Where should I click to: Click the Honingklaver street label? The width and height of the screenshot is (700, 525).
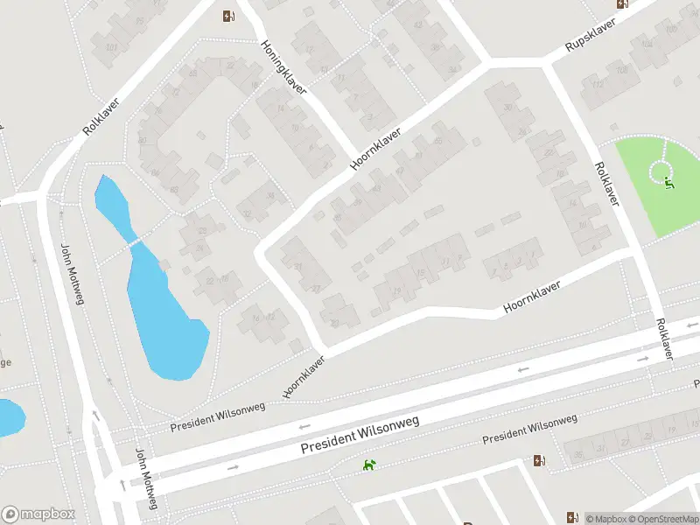pyautogui.click(x=284, y=66)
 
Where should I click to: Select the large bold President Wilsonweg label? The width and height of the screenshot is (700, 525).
pyautogui.click(x=360, y=433)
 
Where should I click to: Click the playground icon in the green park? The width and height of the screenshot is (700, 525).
pyautogui.click(x=669, y=183)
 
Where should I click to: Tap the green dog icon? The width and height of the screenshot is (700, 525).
pyautogui.click(x=370, y=465)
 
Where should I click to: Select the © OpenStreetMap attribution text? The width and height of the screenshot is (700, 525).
pyautogui.click(x=661, y=519)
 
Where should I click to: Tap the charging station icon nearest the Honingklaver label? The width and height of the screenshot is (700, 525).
pyautogui.click(x=228, y=15)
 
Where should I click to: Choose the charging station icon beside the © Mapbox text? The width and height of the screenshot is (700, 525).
pyautogui.click(x=572, y=517)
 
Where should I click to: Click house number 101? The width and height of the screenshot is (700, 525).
pyautogui.click(x=111, y=46)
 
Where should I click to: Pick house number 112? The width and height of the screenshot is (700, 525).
pyautogui.click(x=598, y=85)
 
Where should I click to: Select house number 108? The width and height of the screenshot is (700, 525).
pyautogui.click(x=622, y=69)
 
